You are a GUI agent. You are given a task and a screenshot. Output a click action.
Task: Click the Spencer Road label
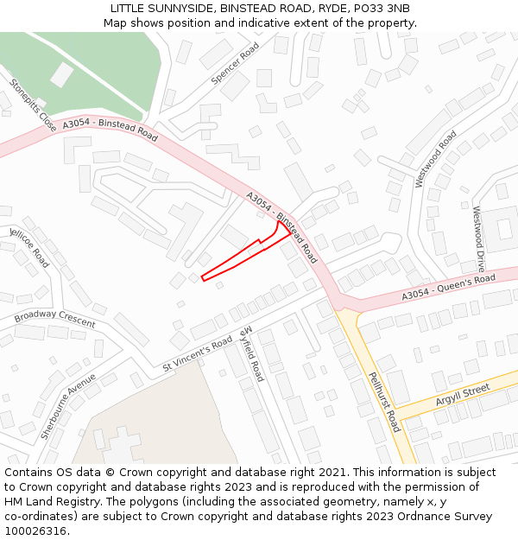point(236,64)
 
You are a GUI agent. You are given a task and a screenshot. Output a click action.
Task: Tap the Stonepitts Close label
point(34,105)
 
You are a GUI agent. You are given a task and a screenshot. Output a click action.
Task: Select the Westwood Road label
point(436,159)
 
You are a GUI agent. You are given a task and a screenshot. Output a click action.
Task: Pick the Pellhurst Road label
point(384,402)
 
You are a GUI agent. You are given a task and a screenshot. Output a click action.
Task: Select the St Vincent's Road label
point(198,354)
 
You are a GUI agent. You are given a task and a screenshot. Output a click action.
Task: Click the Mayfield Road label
point(252,354)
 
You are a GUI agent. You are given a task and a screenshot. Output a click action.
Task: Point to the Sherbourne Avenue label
point(68,407)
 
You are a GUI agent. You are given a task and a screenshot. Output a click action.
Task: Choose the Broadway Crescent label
point(54,318)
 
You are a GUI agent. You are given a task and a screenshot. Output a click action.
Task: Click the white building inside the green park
point(62,74)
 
